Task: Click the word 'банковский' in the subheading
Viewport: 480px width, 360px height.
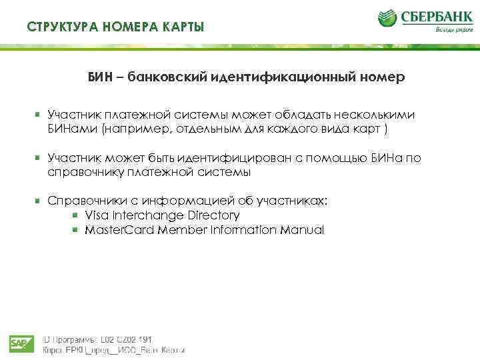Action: [x=167, y=78]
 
